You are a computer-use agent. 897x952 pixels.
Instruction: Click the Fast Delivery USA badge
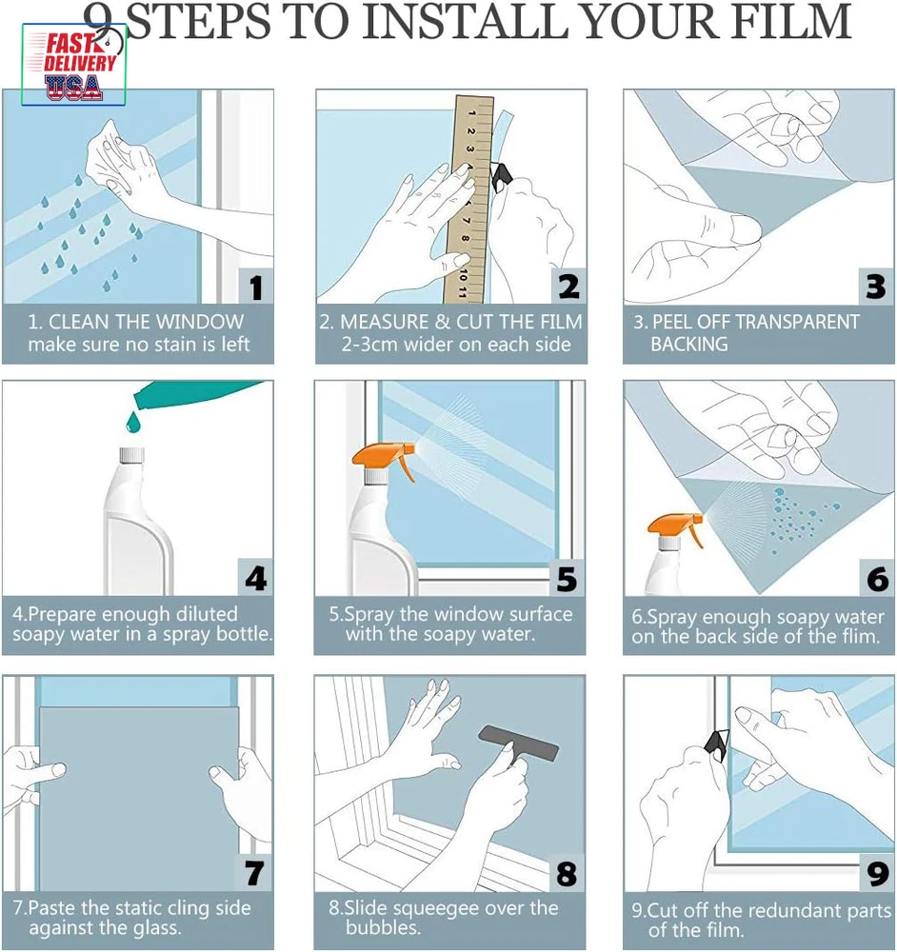tap(73, 65)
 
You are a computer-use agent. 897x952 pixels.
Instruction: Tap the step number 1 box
tap(256, 286)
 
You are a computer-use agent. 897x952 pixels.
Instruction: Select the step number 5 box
tap(568, 578)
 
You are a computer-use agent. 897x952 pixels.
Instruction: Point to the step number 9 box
tap(878, 874)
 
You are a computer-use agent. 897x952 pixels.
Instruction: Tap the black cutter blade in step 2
tap(501, 178)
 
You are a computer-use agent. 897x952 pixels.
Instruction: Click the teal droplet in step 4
tap(133, 422)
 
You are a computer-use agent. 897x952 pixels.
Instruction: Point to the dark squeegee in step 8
tap(519, 745)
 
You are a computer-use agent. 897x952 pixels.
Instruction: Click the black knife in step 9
tap(718, 745)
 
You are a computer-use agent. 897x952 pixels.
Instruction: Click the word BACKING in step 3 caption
tap(689, 345)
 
